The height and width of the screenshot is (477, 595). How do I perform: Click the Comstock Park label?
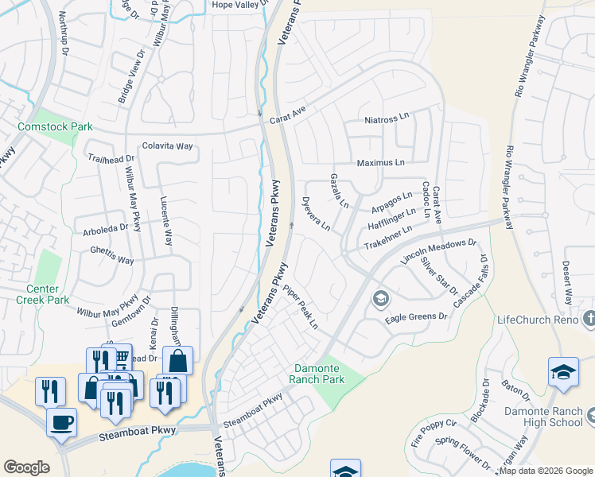56,126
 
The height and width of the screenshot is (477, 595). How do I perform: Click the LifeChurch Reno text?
539,319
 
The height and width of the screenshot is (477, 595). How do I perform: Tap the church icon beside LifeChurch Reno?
589,319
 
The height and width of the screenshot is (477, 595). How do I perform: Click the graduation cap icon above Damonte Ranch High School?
562,372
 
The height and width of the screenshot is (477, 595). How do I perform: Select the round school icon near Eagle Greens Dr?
380,299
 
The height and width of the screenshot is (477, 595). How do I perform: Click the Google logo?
26,467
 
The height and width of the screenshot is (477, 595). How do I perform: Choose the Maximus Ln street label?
381,162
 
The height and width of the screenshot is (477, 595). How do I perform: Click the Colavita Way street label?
167,146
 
